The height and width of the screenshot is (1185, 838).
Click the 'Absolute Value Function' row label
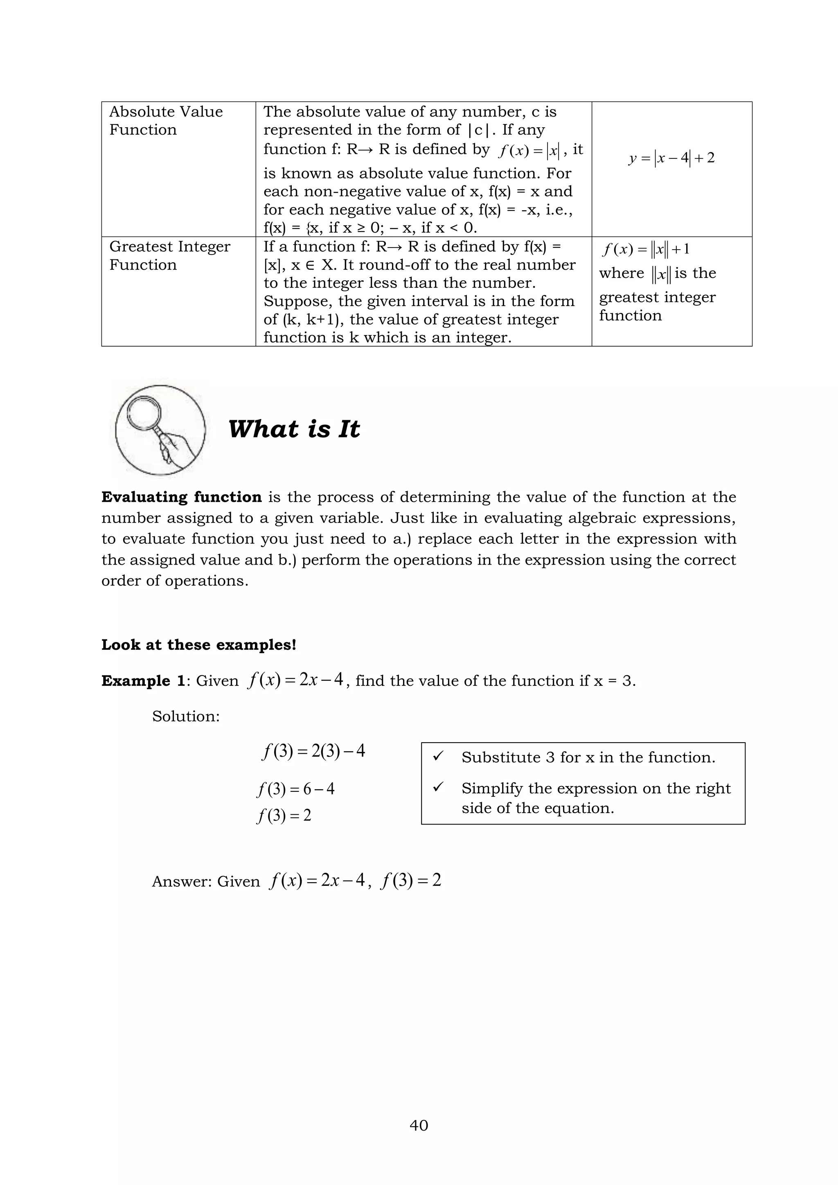166,120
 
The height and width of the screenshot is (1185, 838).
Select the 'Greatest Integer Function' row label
169,255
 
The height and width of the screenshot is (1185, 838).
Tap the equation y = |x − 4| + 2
671,158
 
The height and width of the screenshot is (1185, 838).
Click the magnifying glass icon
160,430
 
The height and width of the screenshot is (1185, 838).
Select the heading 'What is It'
294,429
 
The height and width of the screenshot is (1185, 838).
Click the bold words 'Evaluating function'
181,497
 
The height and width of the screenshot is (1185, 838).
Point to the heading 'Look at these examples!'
199,644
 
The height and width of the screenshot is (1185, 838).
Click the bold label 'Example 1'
143,681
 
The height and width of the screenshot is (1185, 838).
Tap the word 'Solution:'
186,716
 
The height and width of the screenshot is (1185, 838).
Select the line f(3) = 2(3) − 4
313,751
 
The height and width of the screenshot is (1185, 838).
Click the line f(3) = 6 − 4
296,788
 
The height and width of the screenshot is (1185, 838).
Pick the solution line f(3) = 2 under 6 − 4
284,816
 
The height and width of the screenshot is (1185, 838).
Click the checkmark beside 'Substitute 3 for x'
438,757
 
